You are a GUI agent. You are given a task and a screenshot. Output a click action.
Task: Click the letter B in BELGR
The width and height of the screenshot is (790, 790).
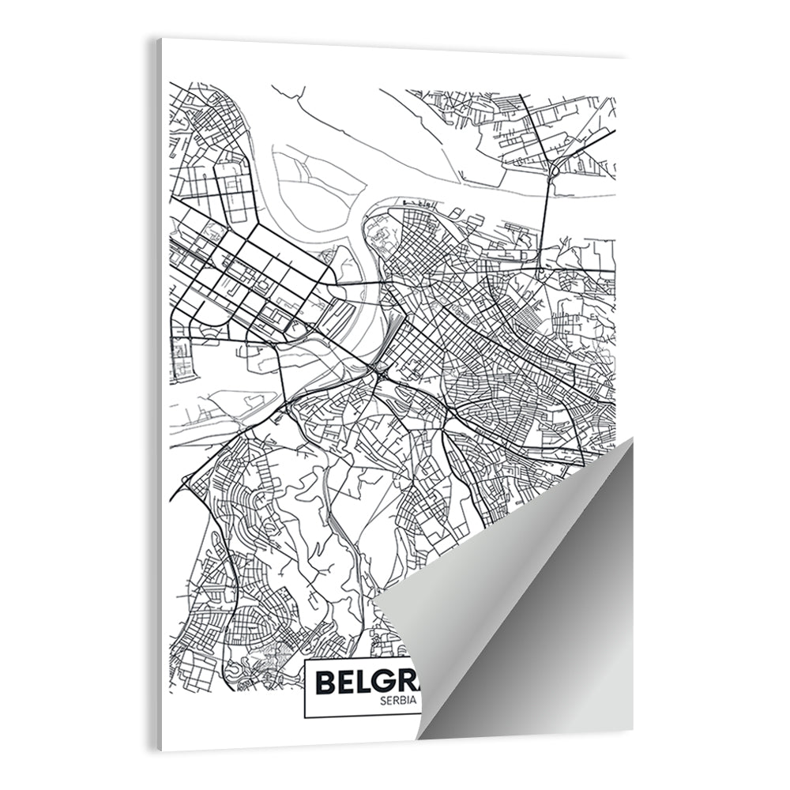tap(326, 681)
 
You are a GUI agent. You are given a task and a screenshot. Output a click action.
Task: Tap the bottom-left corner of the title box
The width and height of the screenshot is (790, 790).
tap(305, 717)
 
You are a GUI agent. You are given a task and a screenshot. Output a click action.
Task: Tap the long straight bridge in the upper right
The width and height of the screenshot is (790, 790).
tap(547, 221)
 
